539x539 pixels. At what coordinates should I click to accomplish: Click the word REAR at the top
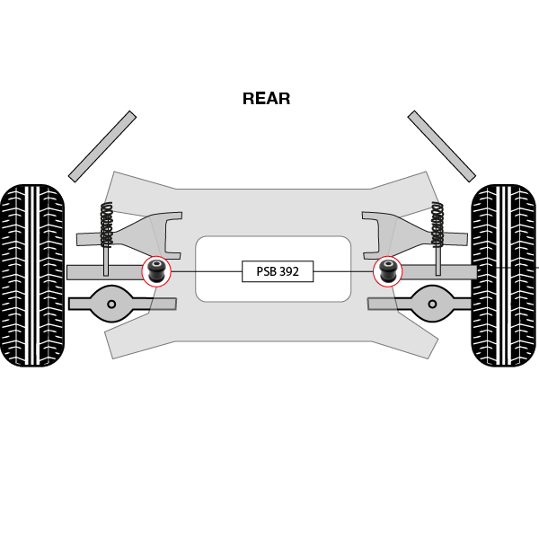point(266,99)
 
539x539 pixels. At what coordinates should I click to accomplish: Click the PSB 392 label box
point(278,271)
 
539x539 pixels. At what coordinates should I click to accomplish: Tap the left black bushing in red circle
point(156,269)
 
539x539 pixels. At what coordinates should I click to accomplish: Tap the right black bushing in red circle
point(388,269)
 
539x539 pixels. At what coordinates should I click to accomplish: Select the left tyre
point(32,275)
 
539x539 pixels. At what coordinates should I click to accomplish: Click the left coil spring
point(106,225)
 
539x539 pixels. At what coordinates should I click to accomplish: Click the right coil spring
point(437,225)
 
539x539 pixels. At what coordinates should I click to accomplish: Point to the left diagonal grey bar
point(102,146)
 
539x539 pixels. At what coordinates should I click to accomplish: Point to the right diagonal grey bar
point(441,146)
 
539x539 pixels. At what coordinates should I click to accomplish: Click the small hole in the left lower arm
point(111,304)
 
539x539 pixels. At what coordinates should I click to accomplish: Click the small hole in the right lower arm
point(432,304)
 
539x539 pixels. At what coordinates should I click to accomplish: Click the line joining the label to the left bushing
point(207,271)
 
